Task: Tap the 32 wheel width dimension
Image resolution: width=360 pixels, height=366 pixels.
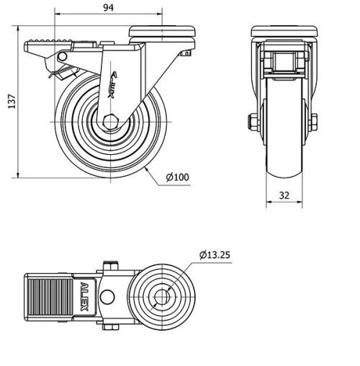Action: point(284,194)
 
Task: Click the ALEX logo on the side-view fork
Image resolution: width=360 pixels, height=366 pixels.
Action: point(112,84)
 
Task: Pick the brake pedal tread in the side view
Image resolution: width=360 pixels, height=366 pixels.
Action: point(45,40)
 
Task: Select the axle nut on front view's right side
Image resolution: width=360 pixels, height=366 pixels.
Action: point(315,121)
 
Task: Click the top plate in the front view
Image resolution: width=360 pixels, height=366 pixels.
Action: point(284,32)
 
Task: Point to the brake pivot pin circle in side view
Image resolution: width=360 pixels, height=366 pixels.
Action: point(63,56)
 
